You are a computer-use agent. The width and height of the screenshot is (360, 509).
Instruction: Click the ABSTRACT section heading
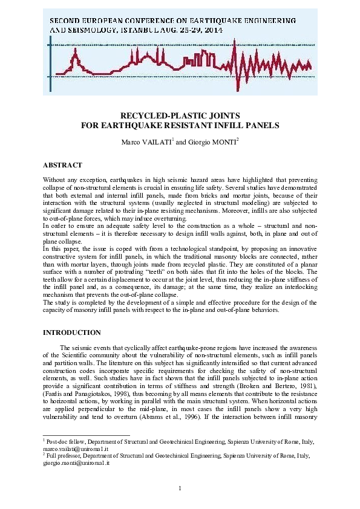62,164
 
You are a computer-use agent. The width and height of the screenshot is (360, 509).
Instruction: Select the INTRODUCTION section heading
71,332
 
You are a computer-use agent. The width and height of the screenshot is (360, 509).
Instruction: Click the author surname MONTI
209,143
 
